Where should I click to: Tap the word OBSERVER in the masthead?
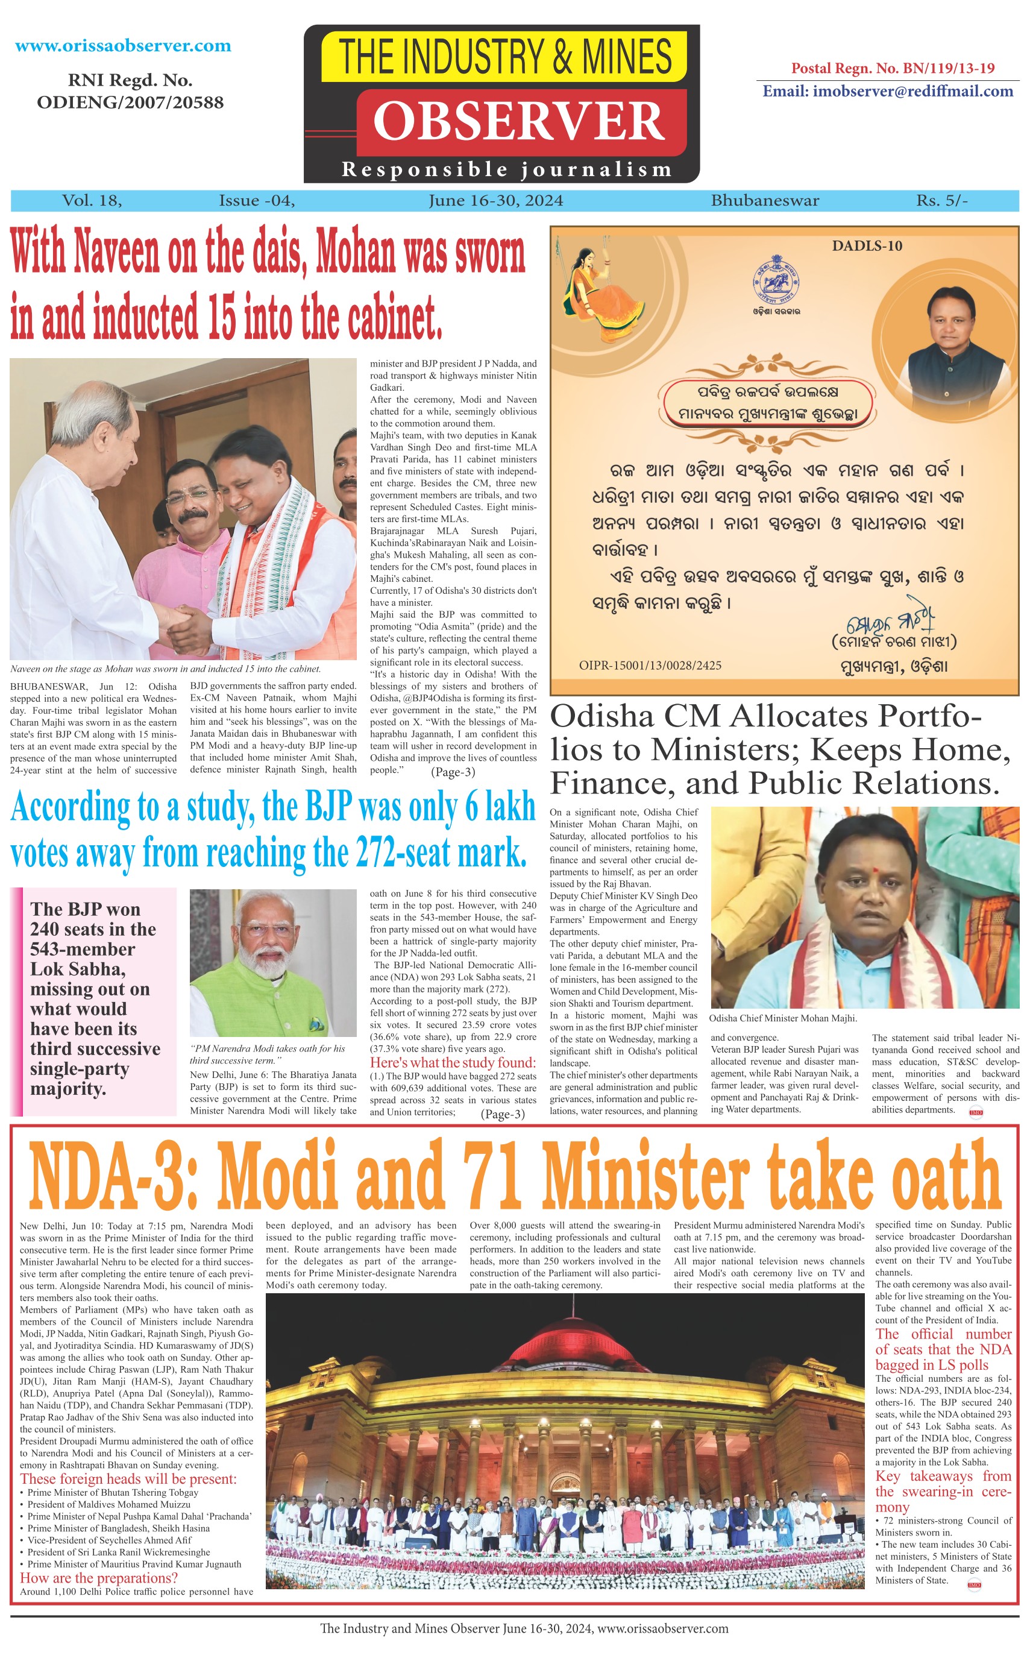pos(519,121)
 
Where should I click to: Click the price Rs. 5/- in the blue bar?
pos(941,200)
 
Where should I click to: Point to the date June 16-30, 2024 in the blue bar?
pos(495,200)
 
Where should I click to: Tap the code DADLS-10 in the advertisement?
pos(867,246)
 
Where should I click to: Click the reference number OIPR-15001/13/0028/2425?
pos(650,665)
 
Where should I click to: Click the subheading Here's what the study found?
pos(453,1062)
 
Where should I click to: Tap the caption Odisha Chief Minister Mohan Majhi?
pos(783,1018)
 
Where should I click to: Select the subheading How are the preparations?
pos(99,1577)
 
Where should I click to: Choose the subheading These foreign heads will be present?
pos(128,1479)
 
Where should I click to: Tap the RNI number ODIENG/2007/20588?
pos(130,102)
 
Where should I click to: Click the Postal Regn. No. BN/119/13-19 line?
pos(893,68)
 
